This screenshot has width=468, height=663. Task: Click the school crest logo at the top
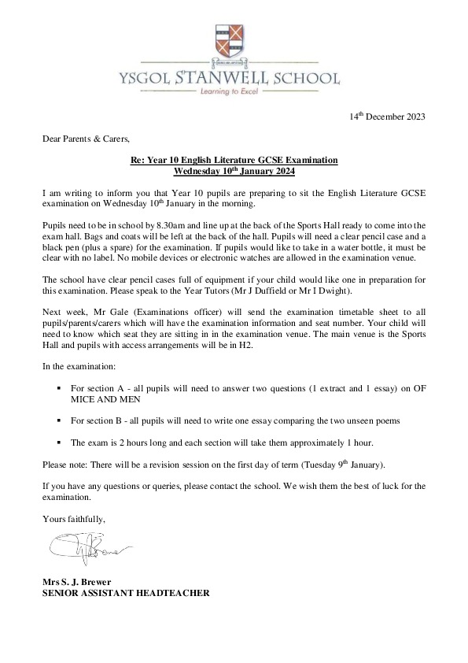233,44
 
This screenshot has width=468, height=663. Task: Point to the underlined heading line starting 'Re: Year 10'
234,160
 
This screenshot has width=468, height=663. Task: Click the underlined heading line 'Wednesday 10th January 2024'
234,170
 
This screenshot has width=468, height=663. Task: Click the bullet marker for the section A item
61,388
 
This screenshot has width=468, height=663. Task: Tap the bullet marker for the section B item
61,420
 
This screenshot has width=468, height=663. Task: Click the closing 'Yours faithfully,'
73,518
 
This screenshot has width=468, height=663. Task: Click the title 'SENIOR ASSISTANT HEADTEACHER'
126,593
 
